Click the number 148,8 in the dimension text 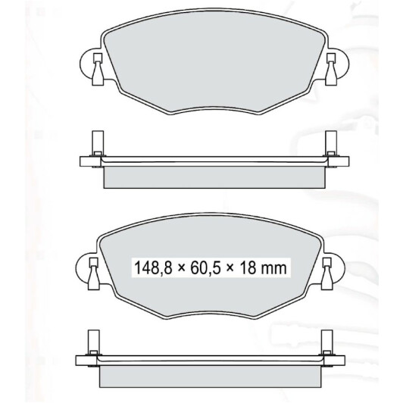pyautogui.click(x=153, y=267)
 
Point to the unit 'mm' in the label pyautogui.click(x=273, y=269)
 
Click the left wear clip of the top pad pyautogui.click(x=98, y=70)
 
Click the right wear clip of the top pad pyautogui.click(x=331, y=70)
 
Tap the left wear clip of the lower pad pyautogui.click(x=94, y=274)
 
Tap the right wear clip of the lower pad pyautogui.click(x=327, y=274)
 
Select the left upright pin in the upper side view pyautogui.click(x=98, y=143)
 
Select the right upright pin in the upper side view pyautogui.click(x=331, y=143)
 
